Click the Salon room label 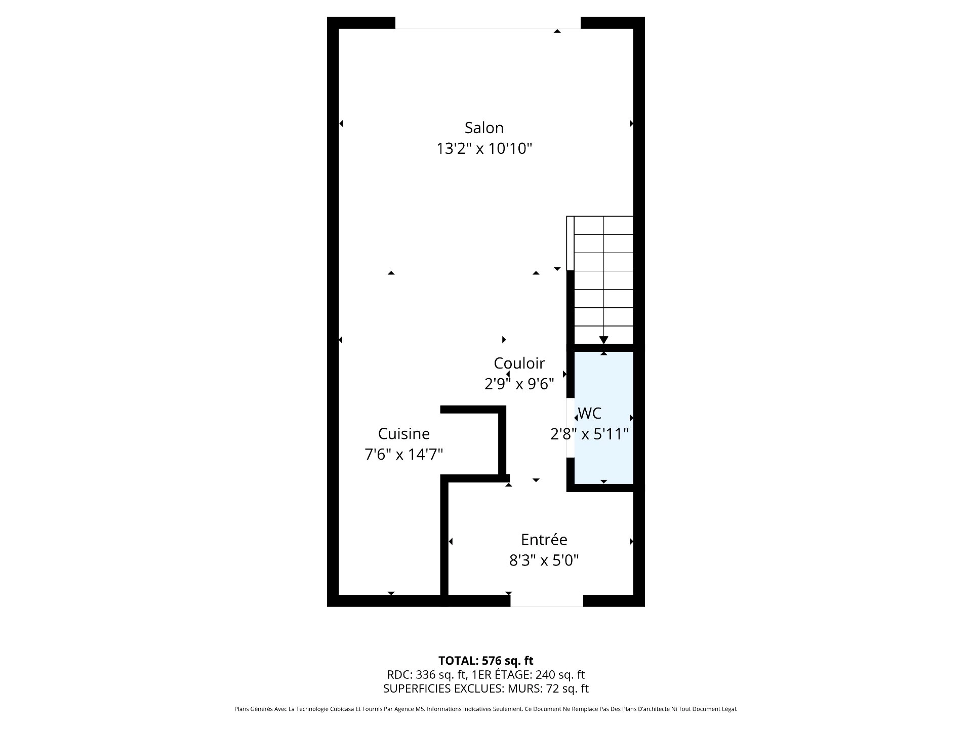pyautogui.click(x=484, y=128)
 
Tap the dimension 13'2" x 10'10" pyautogui.click(x=484, y=149)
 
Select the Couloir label pyautogui.click(x=519, y=363)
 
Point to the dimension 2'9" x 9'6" pyautogui.click(x=519, y=384)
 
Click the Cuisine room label pyautogui.click(x=403, y=433)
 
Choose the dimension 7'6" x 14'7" pyautogui.click(x=403, y=455)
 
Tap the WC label pyautogui.click(x=590, y=413)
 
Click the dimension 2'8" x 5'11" pyautogui.click(x=589, y=434)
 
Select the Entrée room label pyautogui.click(x=544, y=540)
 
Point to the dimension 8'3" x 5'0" pyautogui.click(x=544, y=560)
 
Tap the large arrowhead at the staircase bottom pyautogui.click(x=603, y=340)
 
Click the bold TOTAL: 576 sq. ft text pyautogui.click(x=485, y=661)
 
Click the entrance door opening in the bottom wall pyautogui.click(x=546, y=600)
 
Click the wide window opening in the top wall pyautogui.click(x=488, y=23)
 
